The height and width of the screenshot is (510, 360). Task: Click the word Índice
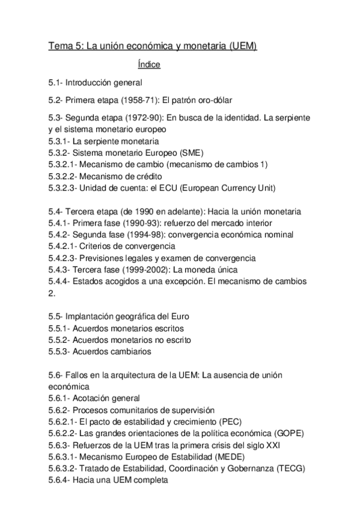coord(148,64)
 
